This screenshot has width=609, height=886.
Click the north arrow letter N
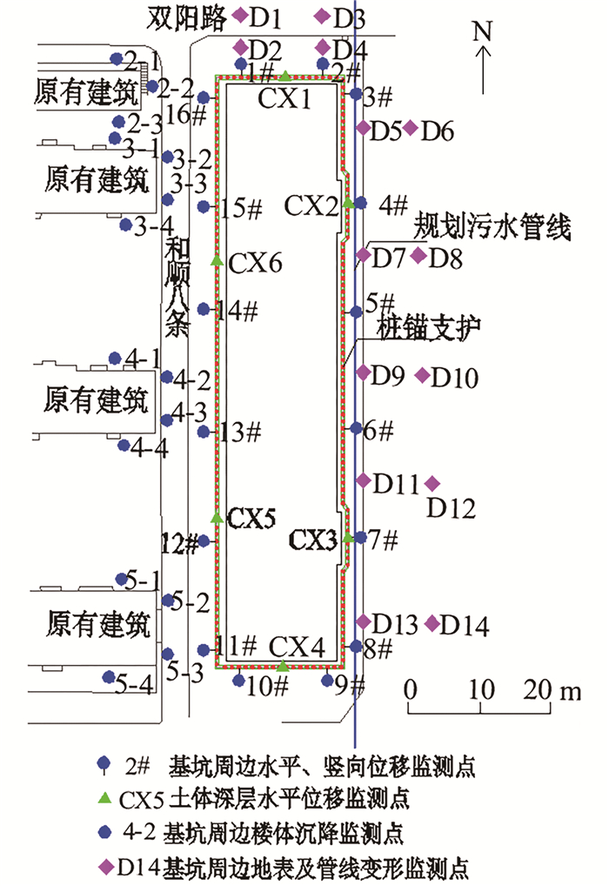click(x=484, y=32)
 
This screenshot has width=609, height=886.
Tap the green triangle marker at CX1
click(x=284, y=77)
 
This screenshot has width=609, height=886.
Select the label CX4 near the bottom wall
click(x=297, y=647)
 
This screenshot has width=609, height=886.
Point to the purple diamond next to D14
click(x=432, y=623)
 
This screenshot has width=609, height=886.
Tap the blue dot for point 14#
click(x=204, y=309)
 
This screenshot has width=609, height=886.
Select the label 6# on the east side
click(x=379, y=429)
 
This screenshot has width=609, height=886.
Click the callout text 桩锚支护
click(x=430, y=328)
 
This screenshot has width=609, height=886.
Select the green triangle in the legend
click(x=104, y=795)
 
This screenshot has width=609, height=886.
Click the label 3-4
click(x=154, y=228)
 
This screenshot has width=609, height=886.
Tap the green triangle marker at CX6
click(x=217, y=259)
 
